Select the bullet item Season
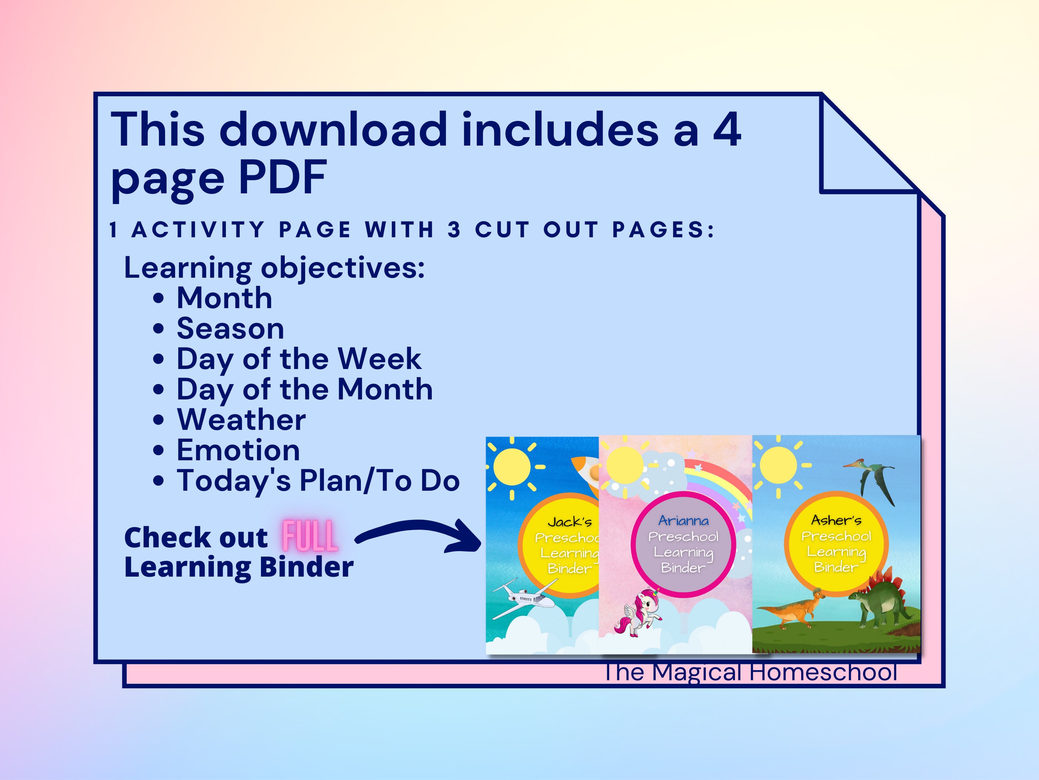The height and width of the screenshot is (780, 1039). [x=230, y=328]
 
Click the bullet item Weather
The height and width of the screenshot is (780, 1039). [x=241, y=419]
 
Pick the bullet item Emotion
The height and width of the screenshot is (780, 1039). [x=238, y=450]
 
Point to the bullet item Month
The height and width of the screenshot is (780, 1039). [x=224, y=298]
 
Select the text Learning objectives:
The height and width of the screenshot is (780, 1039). [x=274, y=268]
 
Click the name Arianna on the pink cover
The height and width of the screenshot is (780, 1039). [x=683, y=520]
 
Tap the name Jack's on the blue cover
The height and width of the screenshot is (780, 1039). [x=570, y=522]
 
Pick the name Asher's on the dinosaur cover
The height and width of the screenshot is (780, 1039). [x=836, y=520]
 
